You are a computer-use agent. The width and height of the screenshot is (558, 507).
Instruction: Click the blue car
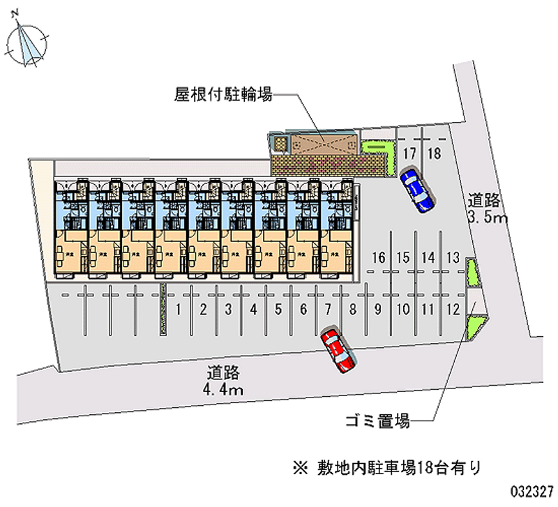[x=418, y=189]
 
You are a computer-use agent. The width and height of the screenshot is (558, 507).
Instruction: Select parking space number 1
[x=179, y=309]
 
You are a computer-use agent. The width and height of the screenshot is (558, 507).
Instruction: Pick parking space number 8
[x=353, y=309]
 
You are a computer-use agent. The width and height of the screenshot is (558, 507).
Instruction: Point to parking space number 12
[x=453, y=309]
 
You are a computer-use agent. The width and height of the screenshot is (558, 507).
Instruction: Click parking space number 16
[x=379, y=256]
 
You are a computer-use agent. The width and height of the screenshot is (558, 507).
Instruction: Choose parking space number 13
[x=453, y=256]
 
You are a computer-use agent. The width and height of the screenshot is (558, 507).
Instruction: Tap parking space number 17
[x=409, y=154]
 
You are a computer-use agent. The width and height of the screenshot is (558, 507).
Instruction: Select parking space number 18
[x=434, y=154]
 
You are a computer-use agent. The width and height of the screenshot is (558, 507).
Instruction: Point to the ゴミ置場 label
[x=377, y=421]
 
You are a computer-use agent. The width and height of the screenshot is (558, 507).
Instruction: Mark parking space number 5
[x=278, y=309]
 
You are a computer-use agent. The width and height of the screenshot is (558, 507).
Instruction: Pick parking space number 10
[x=403, y=309]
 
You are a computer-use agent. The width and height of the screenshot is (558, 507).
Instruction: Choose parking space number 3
[x=228, y=309]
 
